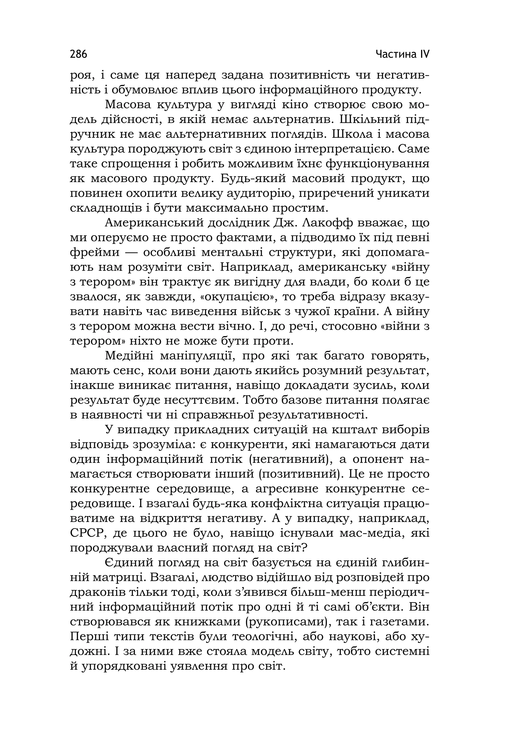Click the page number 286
pyautogui.click(x=78, y=54)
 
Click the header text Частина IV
pyautogui.click(x=402, y=54)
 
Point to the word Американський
pyautogui.click(x=154, y=223)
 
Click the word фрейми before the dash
pyautogui.click(x=95, y=252)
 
